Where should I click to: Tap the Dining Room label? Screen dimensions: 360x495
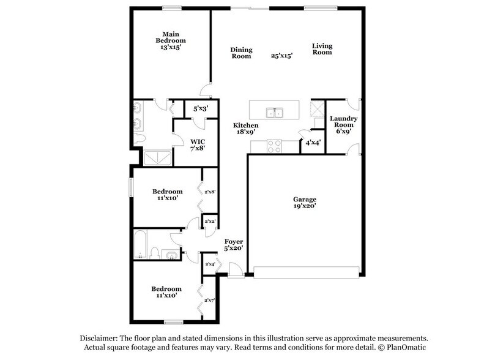coord(241,53)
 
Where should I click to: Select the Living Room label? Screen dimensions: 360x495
coord(322,49)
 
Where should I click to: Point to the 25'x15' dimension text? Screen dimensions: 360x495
coord(281,55)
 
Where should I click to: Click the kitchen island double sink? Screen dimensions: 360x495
coord(275,112)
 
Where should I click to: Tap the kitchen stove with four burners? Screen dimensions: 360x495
coord(275,146)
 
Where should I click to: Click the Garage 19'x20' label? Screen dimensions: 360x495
coord(304,203)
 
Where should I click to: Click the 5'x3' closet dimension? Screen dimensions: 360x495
coord(201,109)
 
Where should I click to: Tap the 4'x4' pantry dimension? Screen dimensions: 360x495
coord(311,143)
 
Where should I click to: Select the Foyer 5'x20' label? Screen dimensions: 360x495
coord(234,245)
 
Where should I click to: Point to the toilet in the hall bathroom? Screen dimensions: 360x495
coord(155,253)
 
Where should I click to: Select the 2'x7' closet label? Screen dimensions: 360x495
coord(210,299)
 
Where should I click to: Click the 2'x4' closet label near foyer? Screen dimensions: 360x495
coord(210,264)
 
